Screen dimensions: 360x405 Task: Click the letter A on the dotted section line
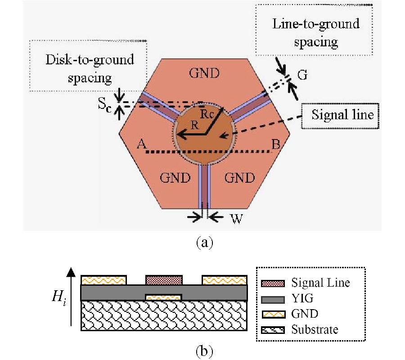(x=141, y=144)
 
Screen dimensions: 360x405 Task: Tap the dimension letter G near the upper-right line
(x=302, y=75)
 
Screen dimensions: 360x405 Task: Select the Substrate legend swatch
(x=273, y=330)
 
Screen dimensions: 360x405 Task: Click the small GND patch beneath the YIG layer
(x=163, y=297)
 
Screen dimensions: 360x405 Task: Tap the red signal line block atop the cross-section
(x=164, y=280)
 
